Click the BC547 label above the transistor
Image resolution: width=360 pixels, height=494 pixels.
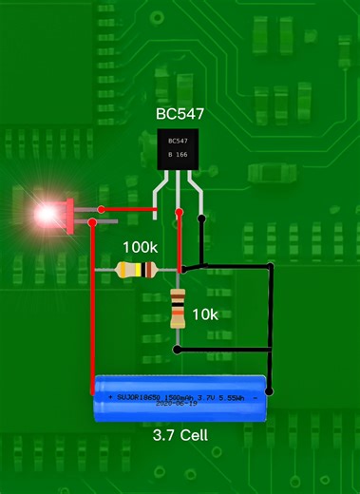point(180,114)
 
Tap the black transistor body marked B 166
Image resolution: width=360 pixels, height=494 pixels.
point(180,148)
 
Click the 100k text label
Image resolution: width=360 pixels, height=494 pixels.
point(141,246)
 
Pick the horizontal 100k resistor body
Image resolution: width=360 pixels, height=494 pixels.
point(136,271)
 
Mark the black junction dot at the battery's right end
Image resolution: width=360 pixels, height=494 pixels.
point(271,389)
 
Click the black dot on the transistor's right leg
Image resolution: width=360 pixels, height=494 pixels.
point(199,218)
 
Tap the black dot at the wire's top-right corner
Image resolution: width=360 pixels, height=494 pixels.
point(271,265)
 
